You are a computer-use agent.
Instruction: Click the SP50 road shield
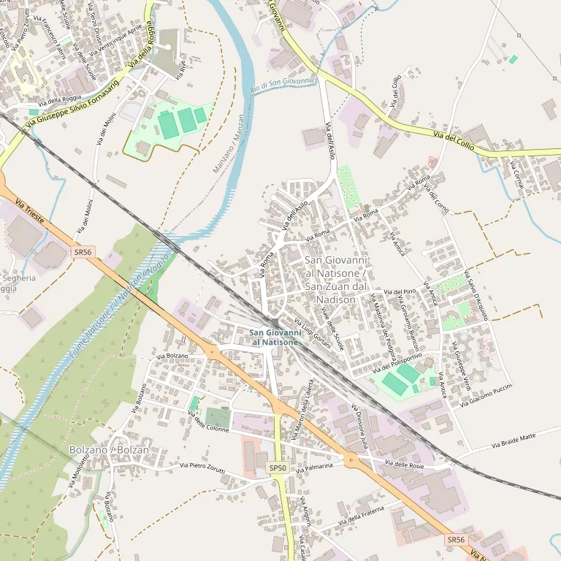[278, 467]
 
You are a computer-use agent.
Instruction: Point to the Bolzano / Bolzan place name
[108, 450]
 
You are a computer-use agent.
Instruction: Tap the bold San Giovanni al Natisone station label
[274, 337]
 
